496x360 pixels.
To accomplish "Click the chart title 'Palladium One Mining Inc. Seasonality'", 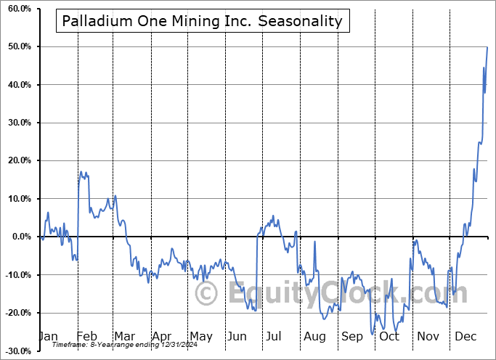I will click(202, 21).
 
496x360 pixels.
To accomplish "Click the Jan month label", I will click(47, 336).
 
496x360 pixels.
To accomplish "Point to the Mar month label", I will click(123, 336).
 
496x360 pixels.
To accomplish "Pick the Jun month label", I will click(237, 336).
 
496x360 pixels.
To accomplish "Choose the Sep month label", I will click(351, 336).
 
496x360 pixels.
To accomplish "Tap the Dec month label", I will click(465, 336).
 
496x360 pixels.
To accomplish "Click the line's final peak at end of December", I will click(487, 47).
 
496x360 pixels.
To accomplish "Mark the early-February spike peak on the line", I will click(81, 172).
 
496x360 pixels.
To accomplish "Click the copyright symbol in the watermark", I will click(207, 293).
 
